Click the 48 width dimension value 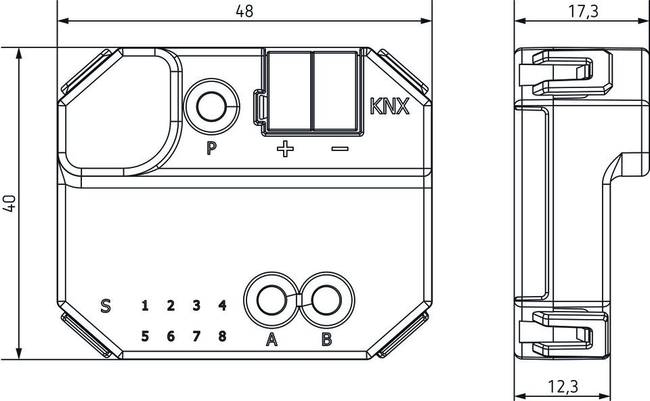click(244, 12)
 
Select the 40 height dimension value click(9, 203)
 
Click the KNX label click(389, 107)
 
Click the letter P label click(212, 148)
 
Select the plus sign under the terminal click(286, 148)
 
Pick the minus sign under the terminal click(339, 148)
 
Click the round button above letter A click(271, 299)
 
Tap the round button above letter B click(326, 299)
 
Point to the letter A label click(271, 340)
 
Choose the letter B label click(326, 340)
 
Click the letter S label click(105, 305)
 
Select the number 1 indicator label click(144, 305)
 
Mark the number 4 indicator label click(222, 305)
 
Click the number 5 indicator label click(144, 335)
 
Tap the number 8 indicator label click(222, 335)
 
